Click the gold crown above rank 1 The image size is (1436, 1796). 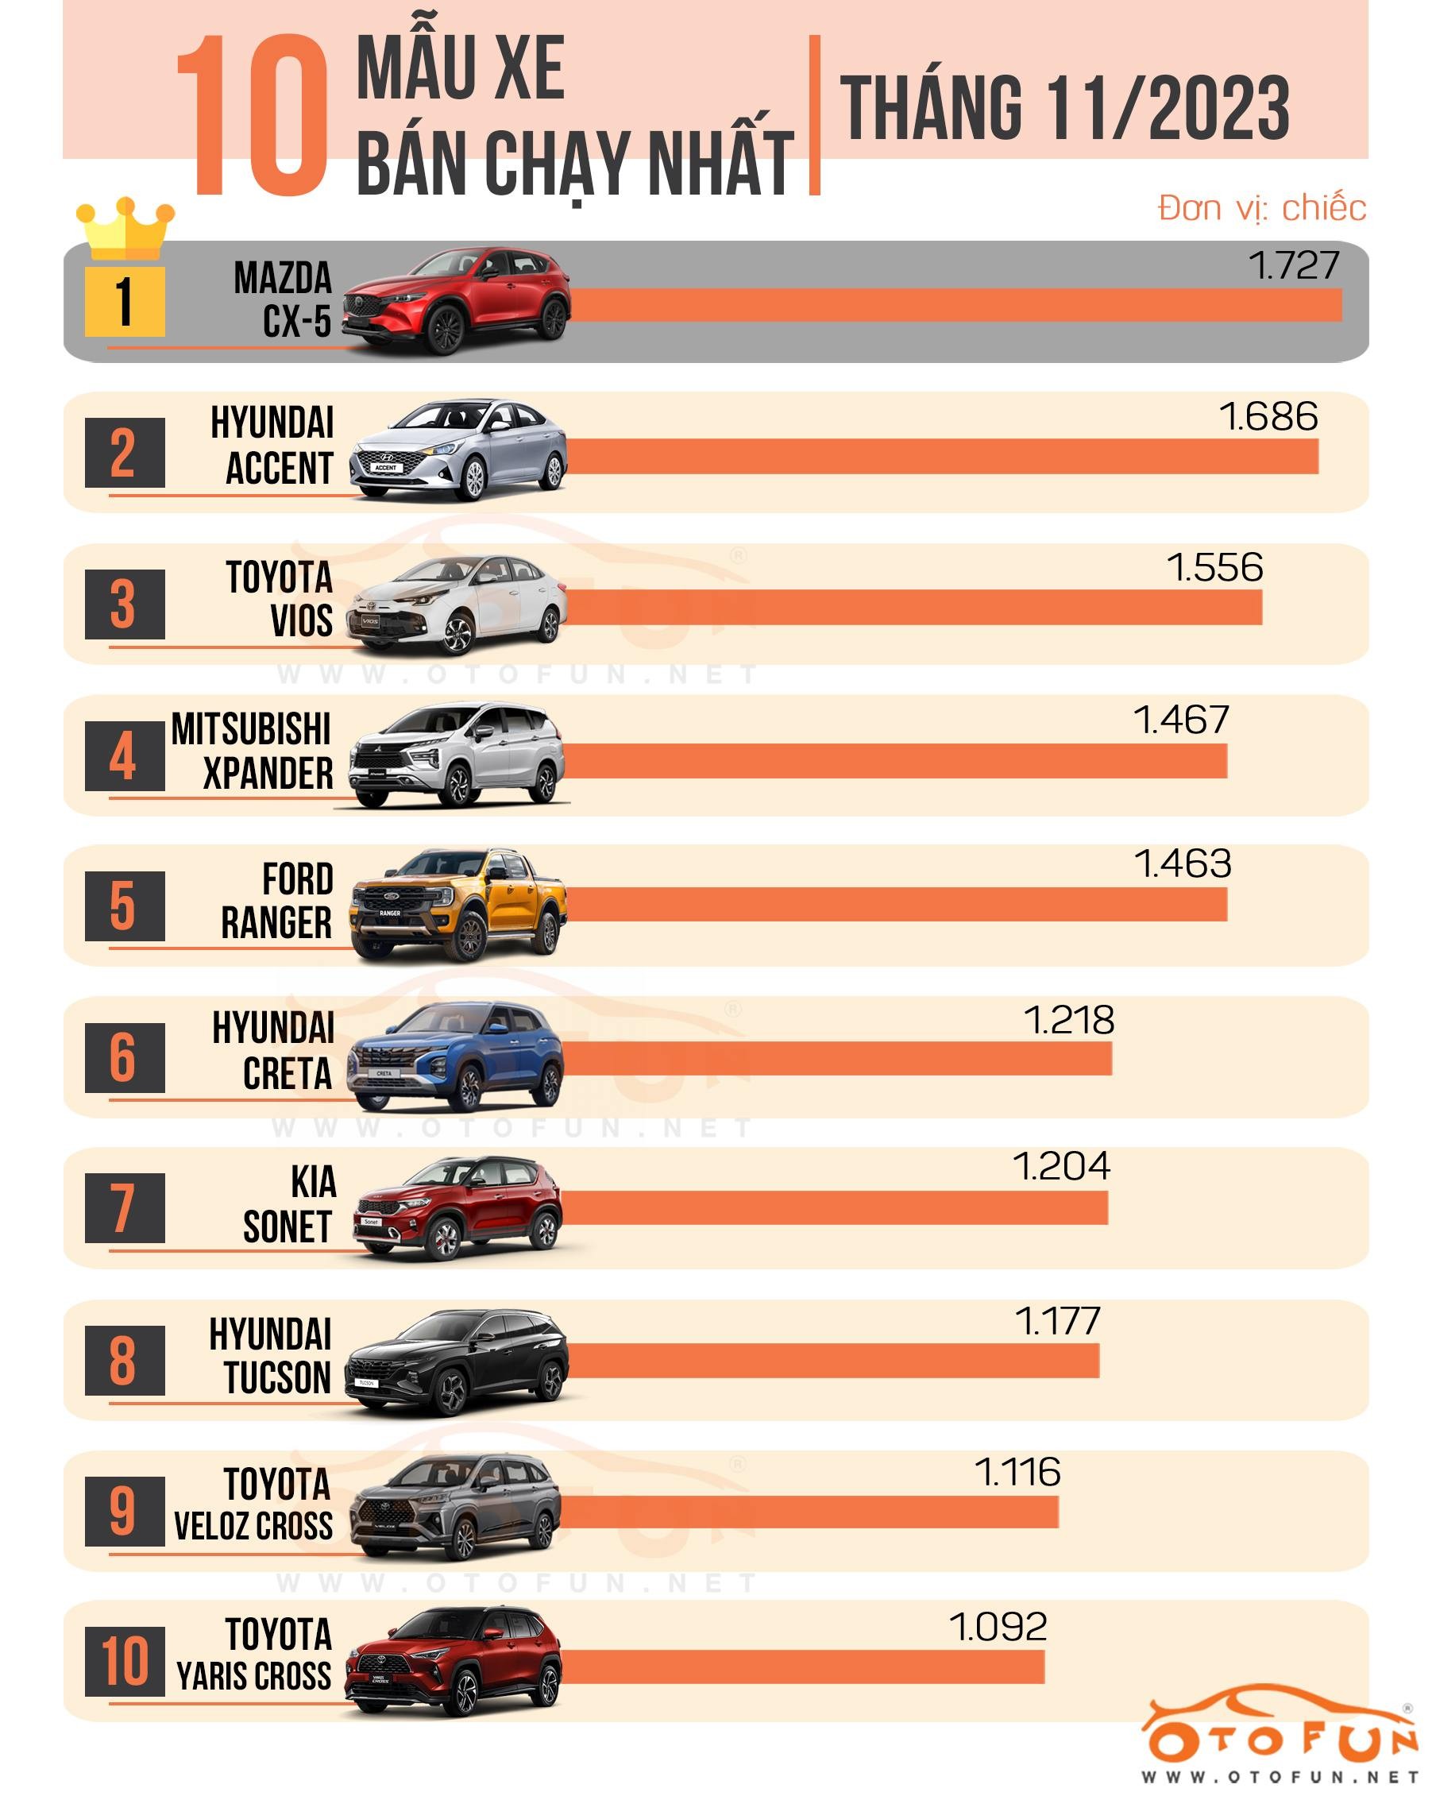(125, 227)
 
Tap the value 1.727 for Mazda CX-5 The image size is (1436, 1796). (1293, 266)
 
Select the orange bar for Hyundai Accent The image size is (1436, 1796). (941, 457)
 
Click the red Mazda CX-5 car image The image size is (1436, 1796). (457, 301)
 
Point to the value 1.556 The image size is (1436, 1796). (1214, 568)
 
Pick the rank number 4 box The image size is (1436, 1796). (124, 756)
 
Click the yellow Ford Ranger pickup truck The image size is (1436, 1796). (458, 905)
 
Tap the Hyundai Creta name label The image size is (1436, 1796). (273, 1050)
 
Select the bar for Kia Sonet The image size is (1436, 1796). (833, 1208)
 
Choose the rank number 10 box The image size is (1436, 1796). (124, 1661)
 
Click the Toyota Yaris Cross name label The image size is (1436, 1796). (255, 1655)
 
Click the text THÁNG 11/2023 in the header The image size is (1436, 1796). (1063, 108)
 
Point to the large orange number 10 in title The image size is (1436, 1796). (253, 117)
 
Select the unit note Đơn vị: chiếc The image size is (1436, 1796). (1261, 208)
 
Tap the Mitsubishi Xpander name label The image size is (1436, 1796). (252, 751)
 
